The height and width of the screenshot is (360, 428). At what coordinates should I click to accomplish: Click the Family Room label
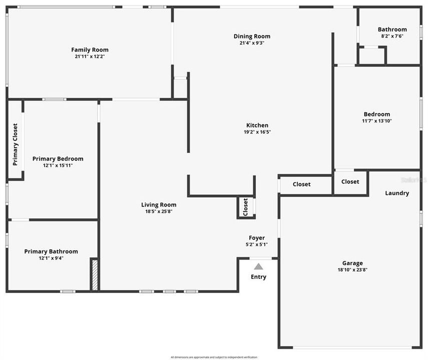(x=90, y=49)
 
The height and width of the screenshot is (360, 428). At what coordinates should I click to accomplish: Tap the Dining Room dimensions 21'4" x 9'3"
(x=252, y=43)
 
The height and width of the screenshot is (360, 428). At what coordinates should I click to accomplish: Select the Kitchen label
(x=257, y=125)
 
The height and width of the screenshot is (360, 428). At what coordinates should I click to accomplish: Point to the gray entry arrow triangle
(x=258, y=266)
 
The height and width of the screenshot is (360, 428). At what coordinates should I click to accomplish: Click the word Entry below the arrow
(x=258, y=277)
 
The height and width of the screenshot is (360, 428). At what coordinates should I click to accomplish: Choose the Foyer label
(x=257, y=238)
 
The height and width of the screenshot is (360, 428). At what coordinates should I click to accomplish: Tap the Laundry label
(x=397, y=193)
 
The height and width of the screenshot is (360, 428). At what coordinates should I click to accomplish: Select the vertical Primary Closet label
(x=16, y=144)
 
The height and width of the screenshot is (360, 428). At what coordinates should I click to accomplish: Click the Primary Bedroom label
(x=58, y=159)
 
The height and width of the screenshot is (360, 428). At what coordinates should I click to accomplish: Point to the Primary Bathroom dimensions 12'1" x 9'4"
(x=51, y=258)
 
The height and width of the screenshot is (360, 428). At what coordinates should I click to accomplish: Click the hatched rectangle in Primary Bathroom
(x=94, y=274)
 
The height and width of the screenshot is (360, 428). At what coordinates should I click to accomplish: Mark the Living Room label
(x=158, y=204)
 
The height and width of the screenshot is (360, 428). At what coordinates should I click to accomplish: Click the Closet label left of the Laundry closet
(x=301, y=184)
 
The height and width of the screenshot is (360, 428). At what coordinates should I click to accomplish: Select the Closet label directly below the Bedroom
(x=350, y=181)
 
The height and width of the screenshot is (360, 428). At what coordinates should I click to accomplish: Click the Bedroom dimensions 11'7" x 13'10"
(x=376, y=121)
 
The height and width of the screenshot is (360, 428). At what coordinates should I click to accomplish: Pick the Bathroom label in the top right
(x=392, y=29)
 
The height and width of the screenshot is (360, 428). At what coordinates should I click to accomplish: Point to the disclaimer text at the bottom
(x=214, y=357)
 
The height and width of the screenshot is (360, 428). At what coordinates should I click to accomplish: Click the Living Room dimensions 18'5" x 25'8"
(x=158, y=211)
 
